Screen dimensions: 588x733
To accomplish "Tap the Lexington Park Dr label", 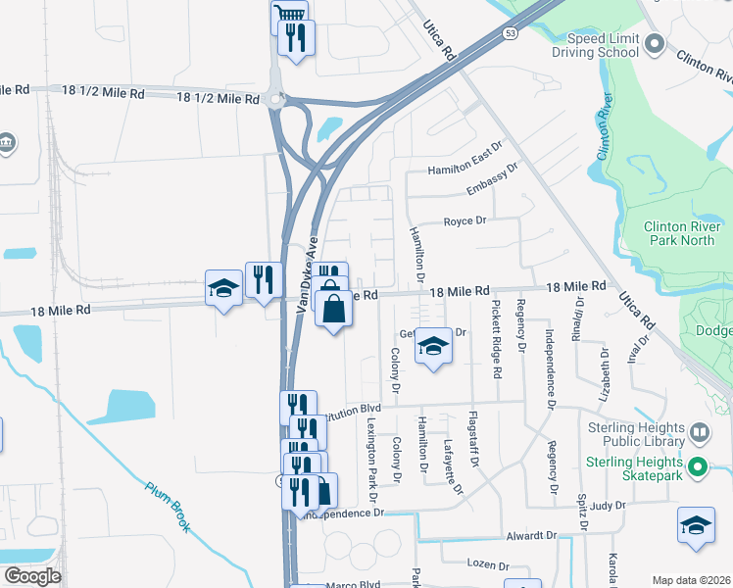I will click(x=372, y=458).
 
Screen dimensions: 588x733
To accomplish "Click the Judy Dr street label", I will click(x=608, y=507).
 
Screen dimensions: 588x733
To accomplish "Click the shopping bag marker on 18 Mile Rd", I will click(x=333, y=309).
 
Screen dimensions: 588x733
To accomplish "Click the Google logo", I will click(x=32, y=576).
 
